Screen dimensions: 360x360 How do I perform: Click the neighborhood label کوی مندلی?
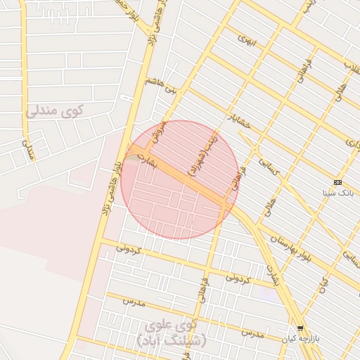pos(54,110)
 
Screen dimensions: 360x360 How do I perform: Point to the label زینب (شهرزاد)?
pos(201,156)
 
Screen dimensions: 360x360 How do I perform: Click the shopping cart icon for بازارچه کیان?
pos(301,328)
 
